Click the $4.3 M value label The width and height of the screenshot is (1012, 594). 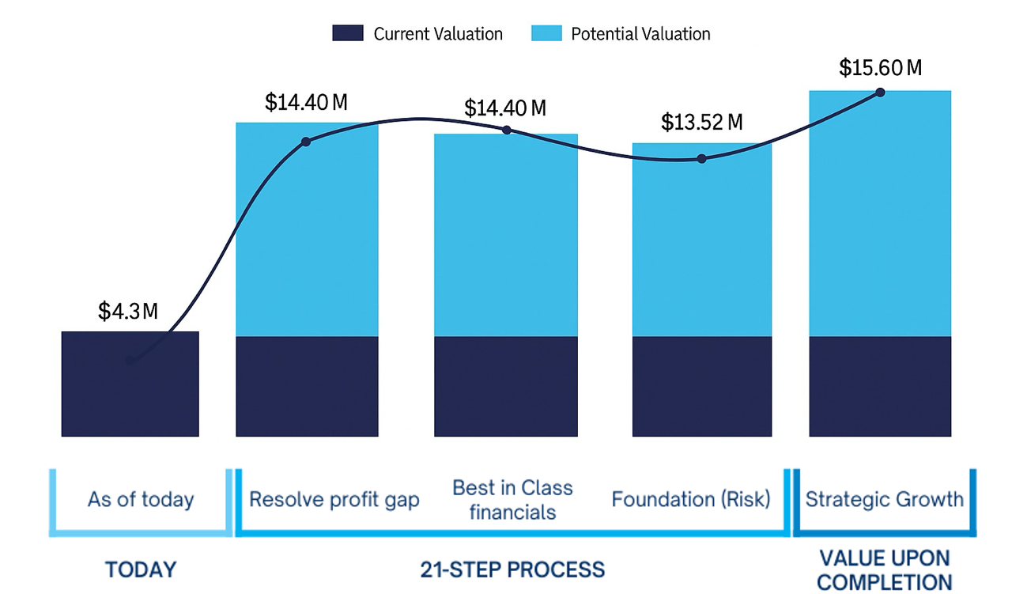point(128,311)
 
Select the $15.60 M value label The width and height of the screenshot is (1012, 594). point(880,68)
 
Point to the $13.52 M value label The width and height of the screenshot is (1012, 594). point(702,123)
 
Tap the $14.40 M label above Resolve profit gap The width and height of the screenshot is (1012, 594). point(306,102)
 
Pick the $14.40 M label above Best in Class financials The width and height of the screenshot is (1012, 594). point(504,108)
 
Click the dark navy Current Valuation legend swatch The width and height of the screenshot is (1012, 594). point(348,33)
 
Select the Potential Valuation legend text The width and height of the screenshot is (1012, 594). point(640,34)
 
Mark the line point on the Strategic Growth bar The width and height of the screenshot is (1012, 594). point(880,93)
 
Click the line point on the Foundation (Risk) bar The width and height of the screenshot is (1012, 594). point(702,158)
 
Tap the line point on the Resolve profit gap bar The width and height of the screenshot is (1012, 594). point(306,142)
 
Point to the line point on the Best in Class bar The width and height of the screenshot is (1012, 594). point(507,131)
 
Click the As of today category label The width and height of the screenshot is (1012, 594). point(141,500)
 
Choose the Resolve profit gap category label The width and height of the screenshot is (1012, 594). point(334,500)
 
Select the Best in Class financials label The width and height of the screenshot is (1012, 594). point(512,499)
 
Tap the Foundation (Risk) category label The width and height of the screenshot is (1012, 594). point(690,500)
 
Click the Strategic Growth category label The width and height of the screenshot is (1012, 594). point(884,499)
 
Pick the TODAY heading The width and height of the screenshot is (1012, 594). point(141,569)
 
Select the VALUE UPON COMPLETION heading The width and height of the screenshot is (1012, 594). point(884,569)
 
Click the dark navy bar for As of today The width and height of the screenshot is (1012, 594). point(130,395)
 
